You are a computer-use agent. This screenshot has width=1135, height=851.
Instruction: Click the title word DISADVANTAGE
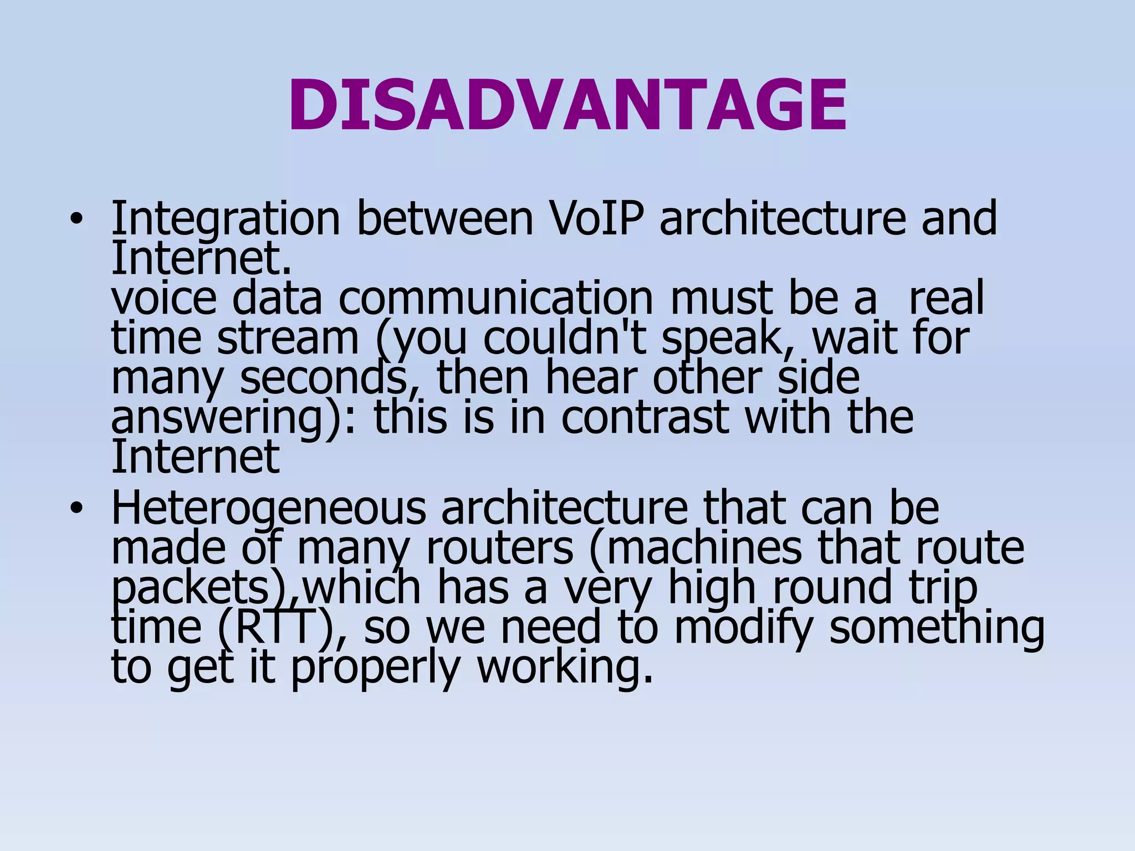(x=567, y=105)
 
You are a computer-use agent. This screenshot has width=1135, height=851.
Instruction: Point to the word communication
(x=496, y=299)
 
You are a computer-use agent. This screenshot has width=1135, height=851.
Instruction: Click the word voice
(x=164, y=299)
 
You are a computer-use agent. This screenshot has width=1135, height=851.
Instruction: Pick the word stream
(x=288, y=339)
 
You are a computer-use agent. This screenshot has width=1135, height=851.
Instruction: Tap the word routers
(x=499, y=548)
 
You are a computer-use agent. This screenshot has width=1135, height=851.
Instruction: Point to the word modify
(x=743, y=629)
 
